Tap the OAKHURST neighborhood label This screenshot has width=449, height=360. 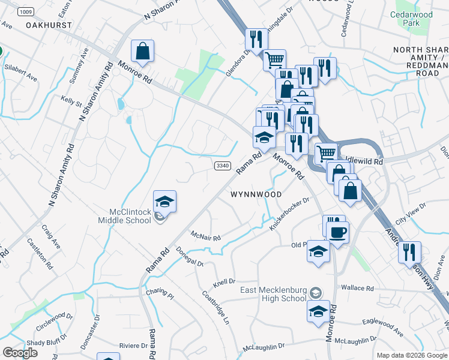[49, 26]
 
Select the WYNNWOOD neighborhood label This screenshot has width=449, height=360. [256, 194]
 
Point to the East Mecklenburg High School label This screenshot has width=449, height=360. [273, 294]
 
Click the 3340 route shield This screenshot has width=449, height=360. [221, 165]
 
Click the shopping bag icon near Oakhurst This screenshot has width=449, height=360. [142, 52]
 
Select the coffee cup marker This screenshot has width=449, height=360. [338, 232]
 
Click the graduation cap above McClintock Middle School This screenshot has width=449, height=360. [164, 202]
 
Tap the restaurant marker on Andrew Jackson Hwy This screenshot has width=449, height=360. [409, 252]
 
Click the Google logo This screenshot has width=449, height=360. [20, 353]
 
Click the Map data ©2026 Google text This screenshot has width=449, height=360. [411, 355]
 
